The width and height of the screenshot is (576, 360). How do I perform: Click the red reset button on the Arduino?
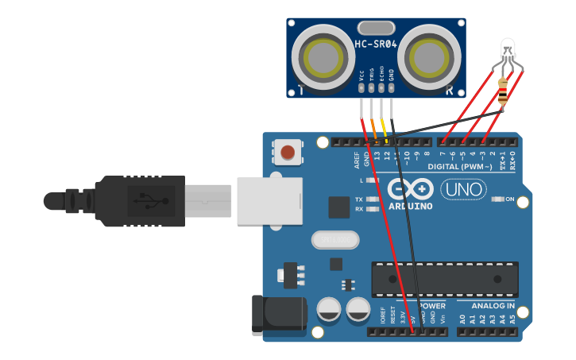tap(288, 151)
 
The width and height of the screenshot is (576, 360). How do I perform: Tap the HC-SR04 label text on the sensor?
tap(376, 45)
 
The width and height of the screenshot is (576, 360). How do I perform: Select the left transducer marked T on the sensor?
tap(318, 58)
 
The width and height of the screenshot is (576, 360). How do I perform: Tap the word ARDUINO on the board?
tap(411, 207)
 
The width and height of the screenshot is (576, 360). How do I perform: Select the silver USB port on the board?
tap(269, 199)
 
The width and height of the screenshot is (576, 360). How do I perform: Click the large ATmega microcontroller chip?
tap(445, 279)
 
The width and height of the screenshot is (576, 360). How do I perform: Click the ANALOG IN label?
tap(493, 305)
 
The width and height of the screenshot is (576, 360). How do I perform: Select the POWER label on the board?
tap(432, 305)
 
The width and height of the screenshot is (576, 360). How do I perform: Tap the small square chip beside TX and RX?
tap(339, 207)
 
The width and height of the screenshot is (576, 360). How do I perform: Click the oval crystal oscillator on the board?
tap(335, 239)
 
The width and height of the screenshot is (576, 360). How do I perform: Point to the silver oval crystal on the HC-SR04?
tap(376, 28)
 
